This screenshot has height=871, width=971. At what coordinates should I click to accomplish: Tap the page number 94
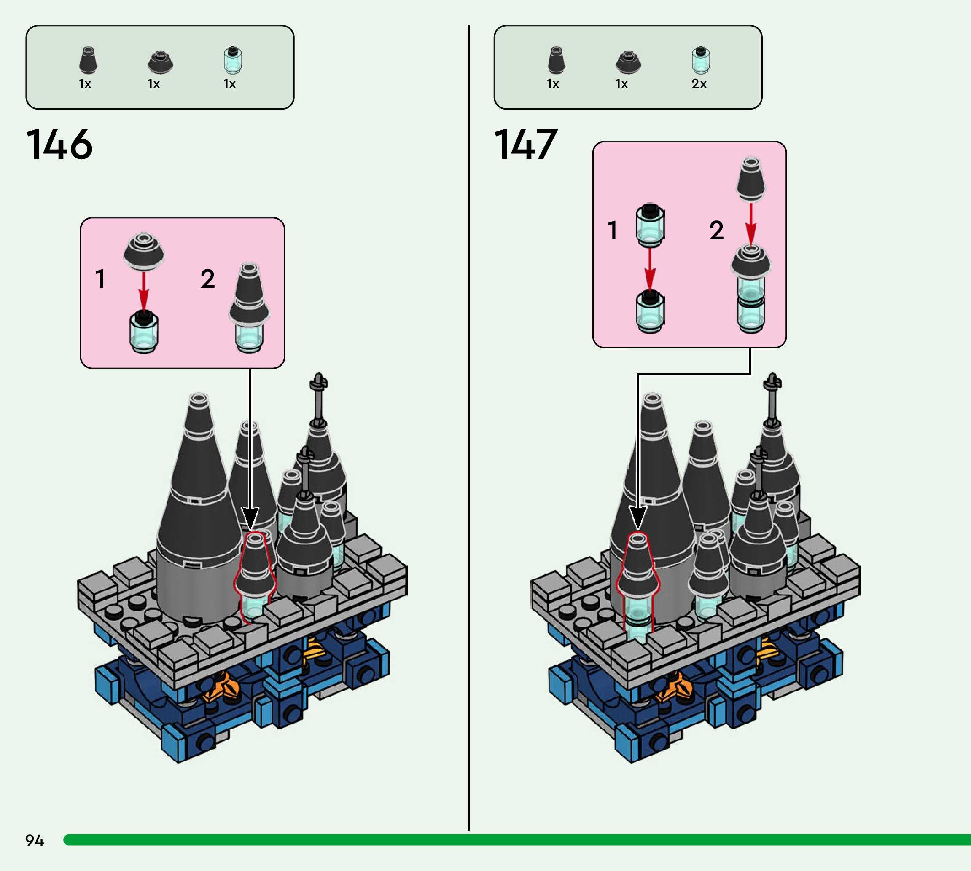[x=35, y=840]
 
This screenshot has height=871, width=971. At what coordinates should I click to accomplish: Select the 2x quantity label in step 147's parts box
[x=699, y=84]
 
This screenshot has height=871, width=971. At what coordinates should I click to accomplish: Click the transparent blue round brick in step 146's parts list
[x=233, y=61]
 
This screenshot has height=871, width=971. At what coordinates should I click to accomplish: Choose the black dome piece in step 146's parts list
[x=160, y=62]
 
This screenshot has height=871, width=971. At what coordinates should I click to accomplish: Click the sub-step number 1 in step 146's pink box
[x=100, y=279]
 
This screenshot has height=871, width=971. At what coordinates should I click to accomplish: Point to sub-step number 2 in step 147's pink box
[x=716, y=230]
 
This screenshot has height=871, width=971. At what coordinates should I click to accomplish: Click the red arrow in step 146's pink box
[x=144, y=292]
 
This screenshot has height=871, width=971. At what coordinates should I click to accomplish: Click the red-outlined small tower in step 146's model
[x=254, y=574]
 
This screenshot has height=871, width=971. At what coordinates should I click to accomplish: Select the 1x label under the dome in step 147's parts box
[x=621, y=84]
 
